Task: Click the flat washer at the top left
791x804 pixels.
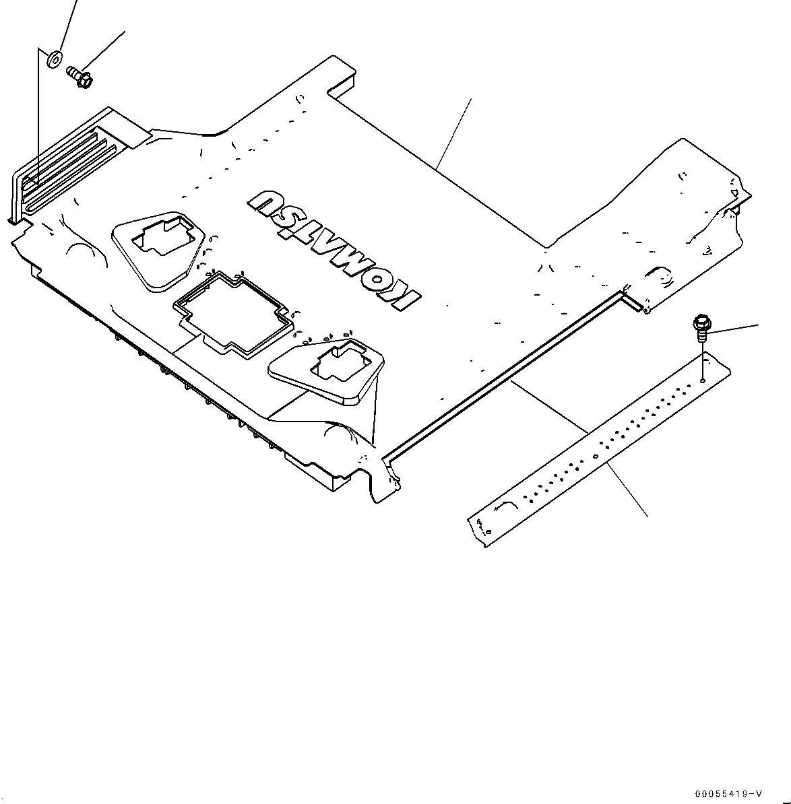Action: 54,59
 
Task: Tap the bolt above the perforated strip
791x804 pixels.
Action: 700,327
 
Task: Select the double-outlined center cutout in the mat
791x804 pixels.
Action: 232,310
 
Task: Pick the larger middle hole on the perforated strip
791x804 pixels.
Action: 596,455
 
